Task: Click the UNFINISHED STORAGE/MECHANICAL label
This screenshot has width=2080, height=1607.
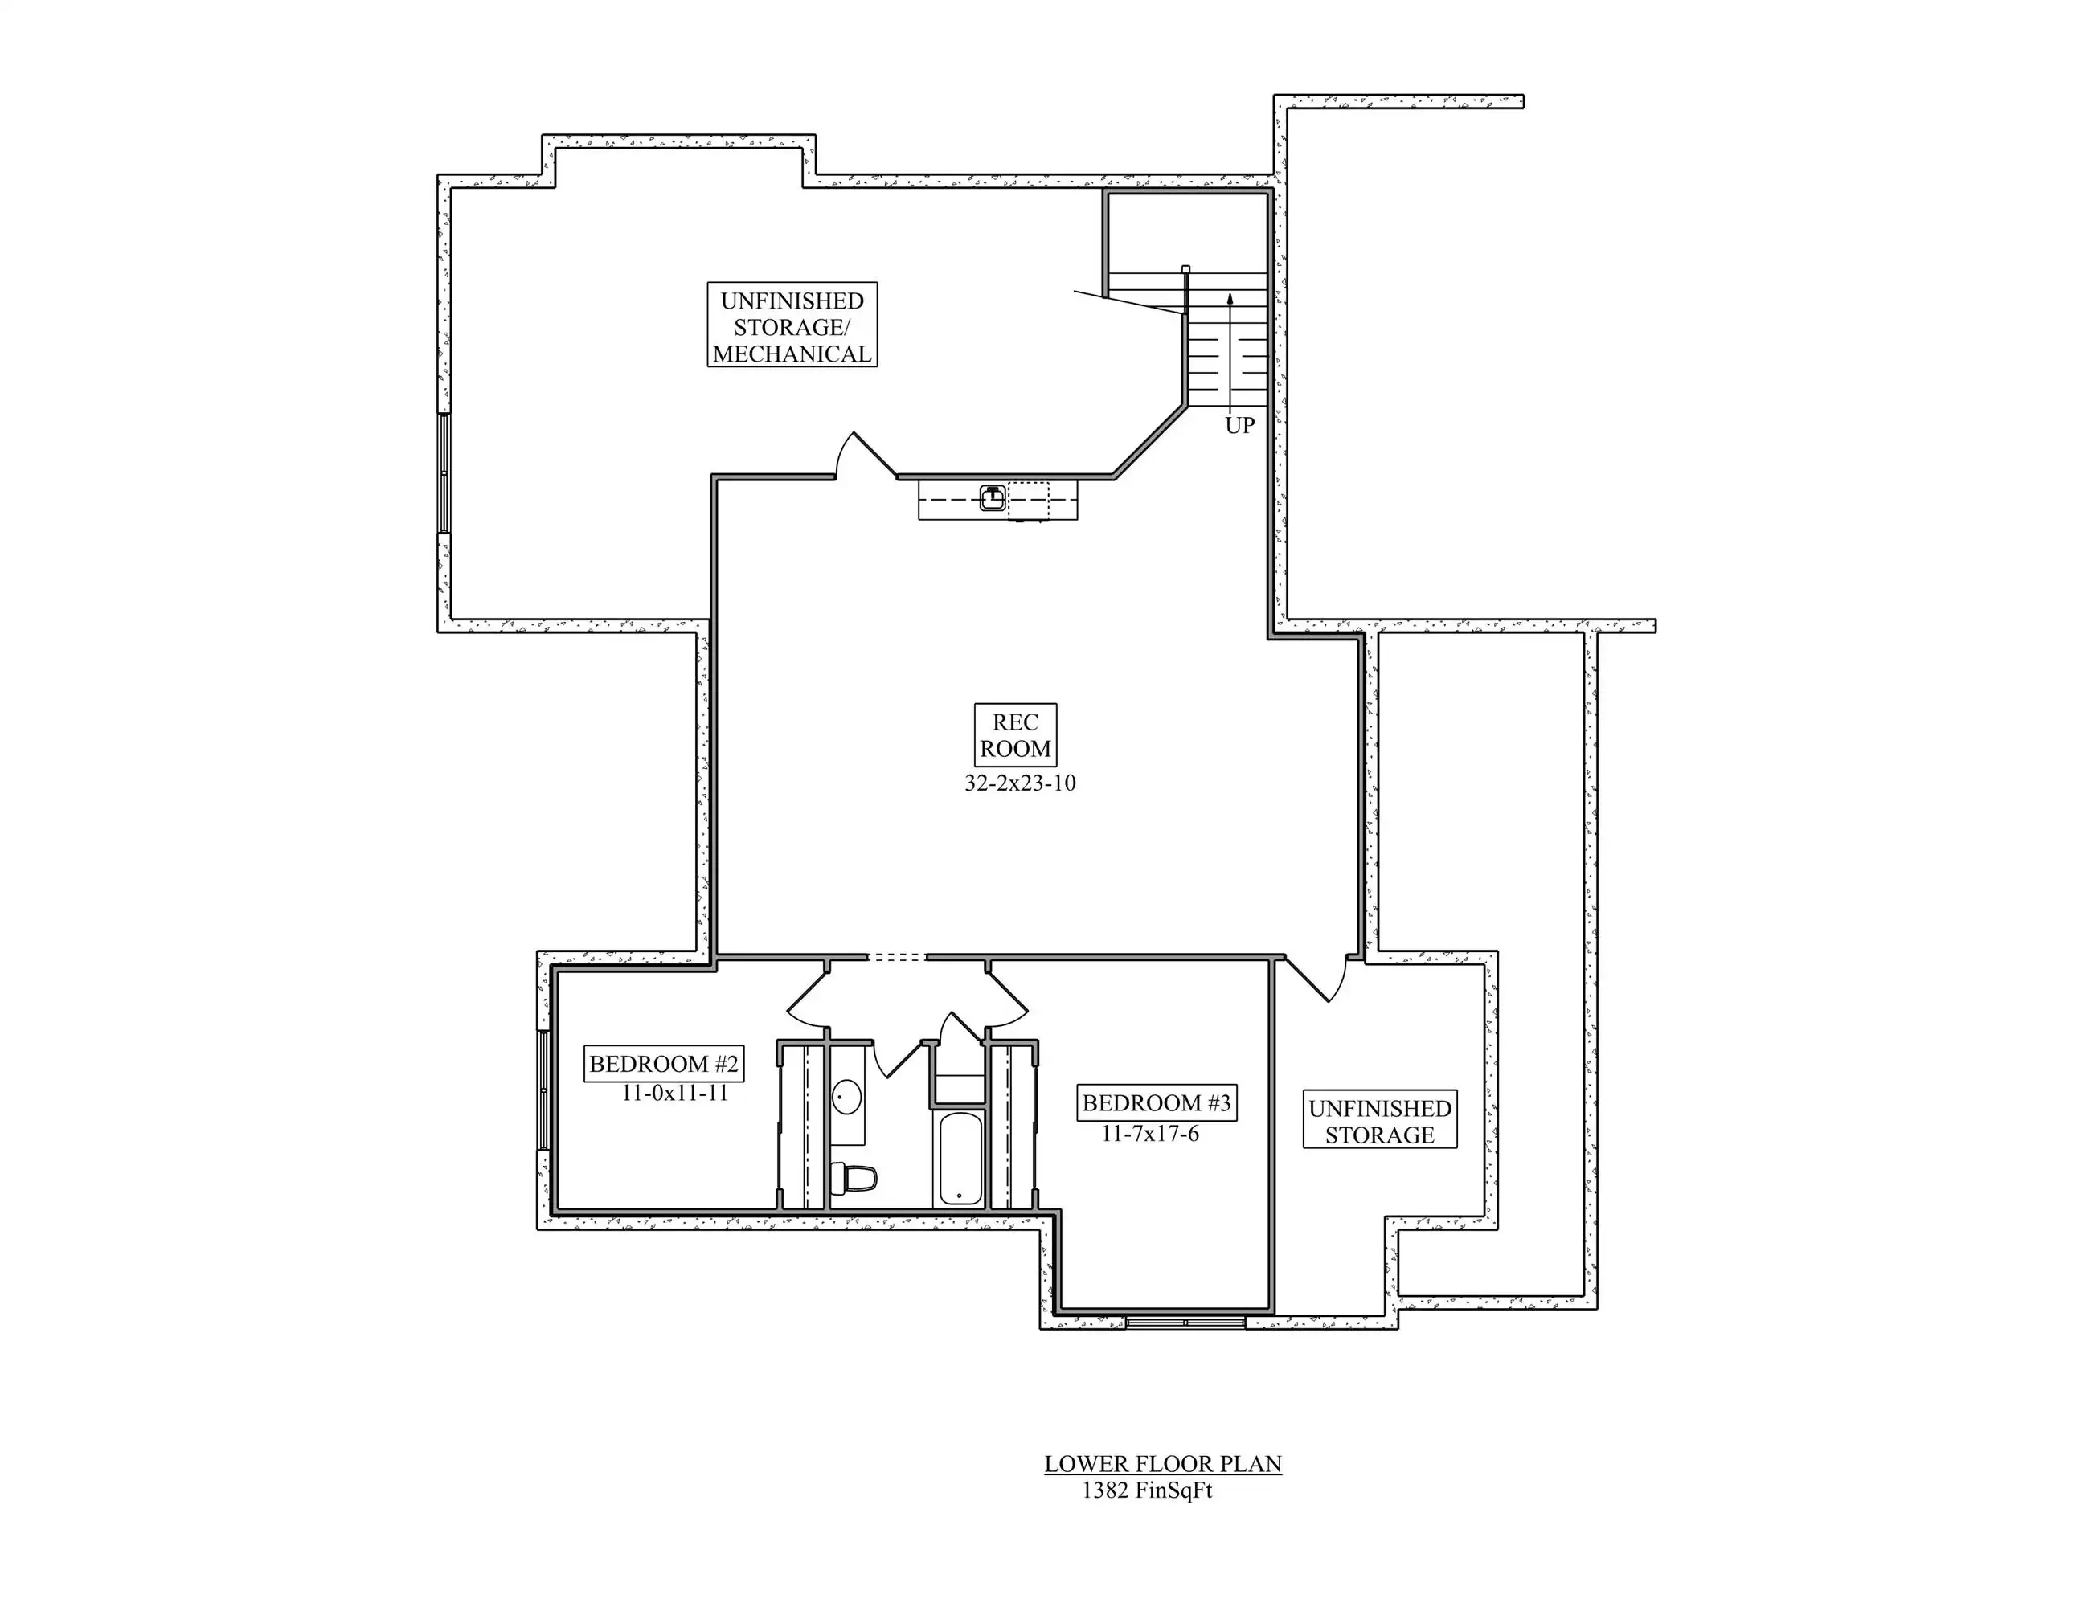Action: tap(792, 325)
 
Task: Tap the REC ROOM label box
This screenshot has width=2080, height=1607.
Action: tap(1015, 735)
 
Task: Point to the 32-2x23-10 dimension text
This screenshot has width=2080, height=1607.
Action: tap(1020, 783)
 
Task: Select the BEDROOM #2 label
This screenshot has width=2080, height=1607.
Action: tap(664, 1063)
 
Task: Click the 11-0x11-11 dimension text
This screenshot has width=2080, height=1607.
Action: tap(674, 1094)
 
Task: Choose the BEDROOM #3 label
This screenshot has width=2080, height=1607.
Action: tap(1157, 1103)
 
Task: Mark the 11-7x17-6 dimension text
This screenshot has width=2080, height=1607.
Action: tap(1150, 1134)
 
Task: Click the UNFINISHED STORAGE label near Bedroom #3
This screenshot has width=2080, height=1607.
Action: tap(1379, 1122)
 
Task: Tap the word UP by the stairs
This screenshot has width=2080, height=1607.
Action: tap(1240, 426)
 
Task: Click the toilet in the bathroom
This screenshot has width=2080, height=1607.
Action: tap(854, 1179)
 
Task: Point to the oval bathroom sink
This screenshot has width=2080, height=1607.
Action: tap(846, 1097)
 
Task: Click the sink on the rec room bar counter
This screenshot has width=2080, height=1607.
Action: tap(993, 497)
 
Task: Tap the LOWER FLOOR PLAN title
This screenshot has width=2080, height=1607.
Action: tap(1163, 1464)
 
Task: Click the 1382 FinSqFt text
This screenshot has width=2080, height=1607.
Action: tap(1147, 1490)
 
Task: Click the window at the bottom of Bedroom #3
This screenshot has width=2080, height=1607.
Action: tap(1185, 1323)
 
